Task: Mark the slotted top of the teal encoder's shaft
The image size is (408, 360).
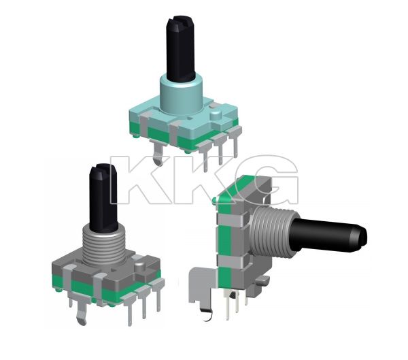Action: coord(178,20)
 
